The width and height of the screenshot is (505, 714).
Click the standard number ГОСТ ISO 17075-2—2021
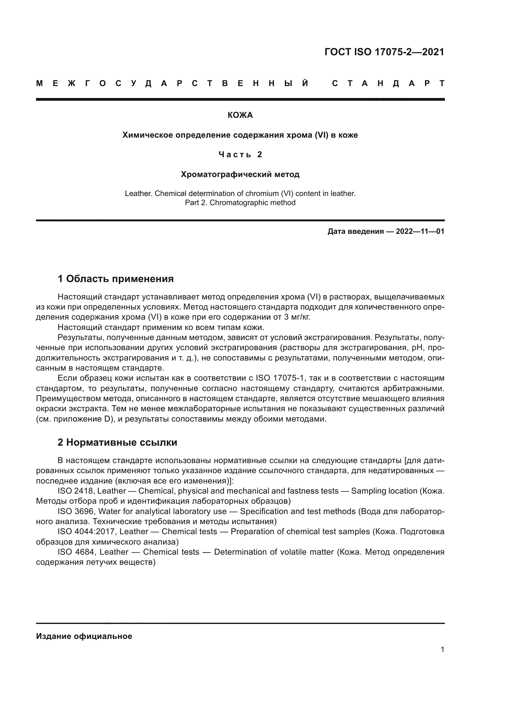[384, 52]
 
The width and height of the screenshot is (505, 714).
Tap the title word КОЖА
[240, 115]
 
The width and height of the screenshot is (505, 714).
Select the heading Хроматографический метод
[240, 175]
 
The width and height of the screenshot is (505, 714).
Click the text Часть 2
[240, 154]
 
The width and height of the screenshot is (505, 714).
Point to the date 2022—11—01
[420, 231]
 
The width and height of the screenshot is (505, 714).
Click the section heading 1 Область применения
[115, 279]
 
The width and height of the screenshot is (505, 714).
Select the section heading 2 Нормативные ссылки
[117, 442]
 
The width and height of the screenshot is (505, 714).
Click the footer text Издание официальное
[84, 636]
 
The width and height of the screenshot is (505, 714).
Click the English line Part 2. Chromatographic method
[240, 203]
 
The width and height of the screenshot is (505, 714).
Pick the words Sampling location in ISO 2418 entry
[384, 491]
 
